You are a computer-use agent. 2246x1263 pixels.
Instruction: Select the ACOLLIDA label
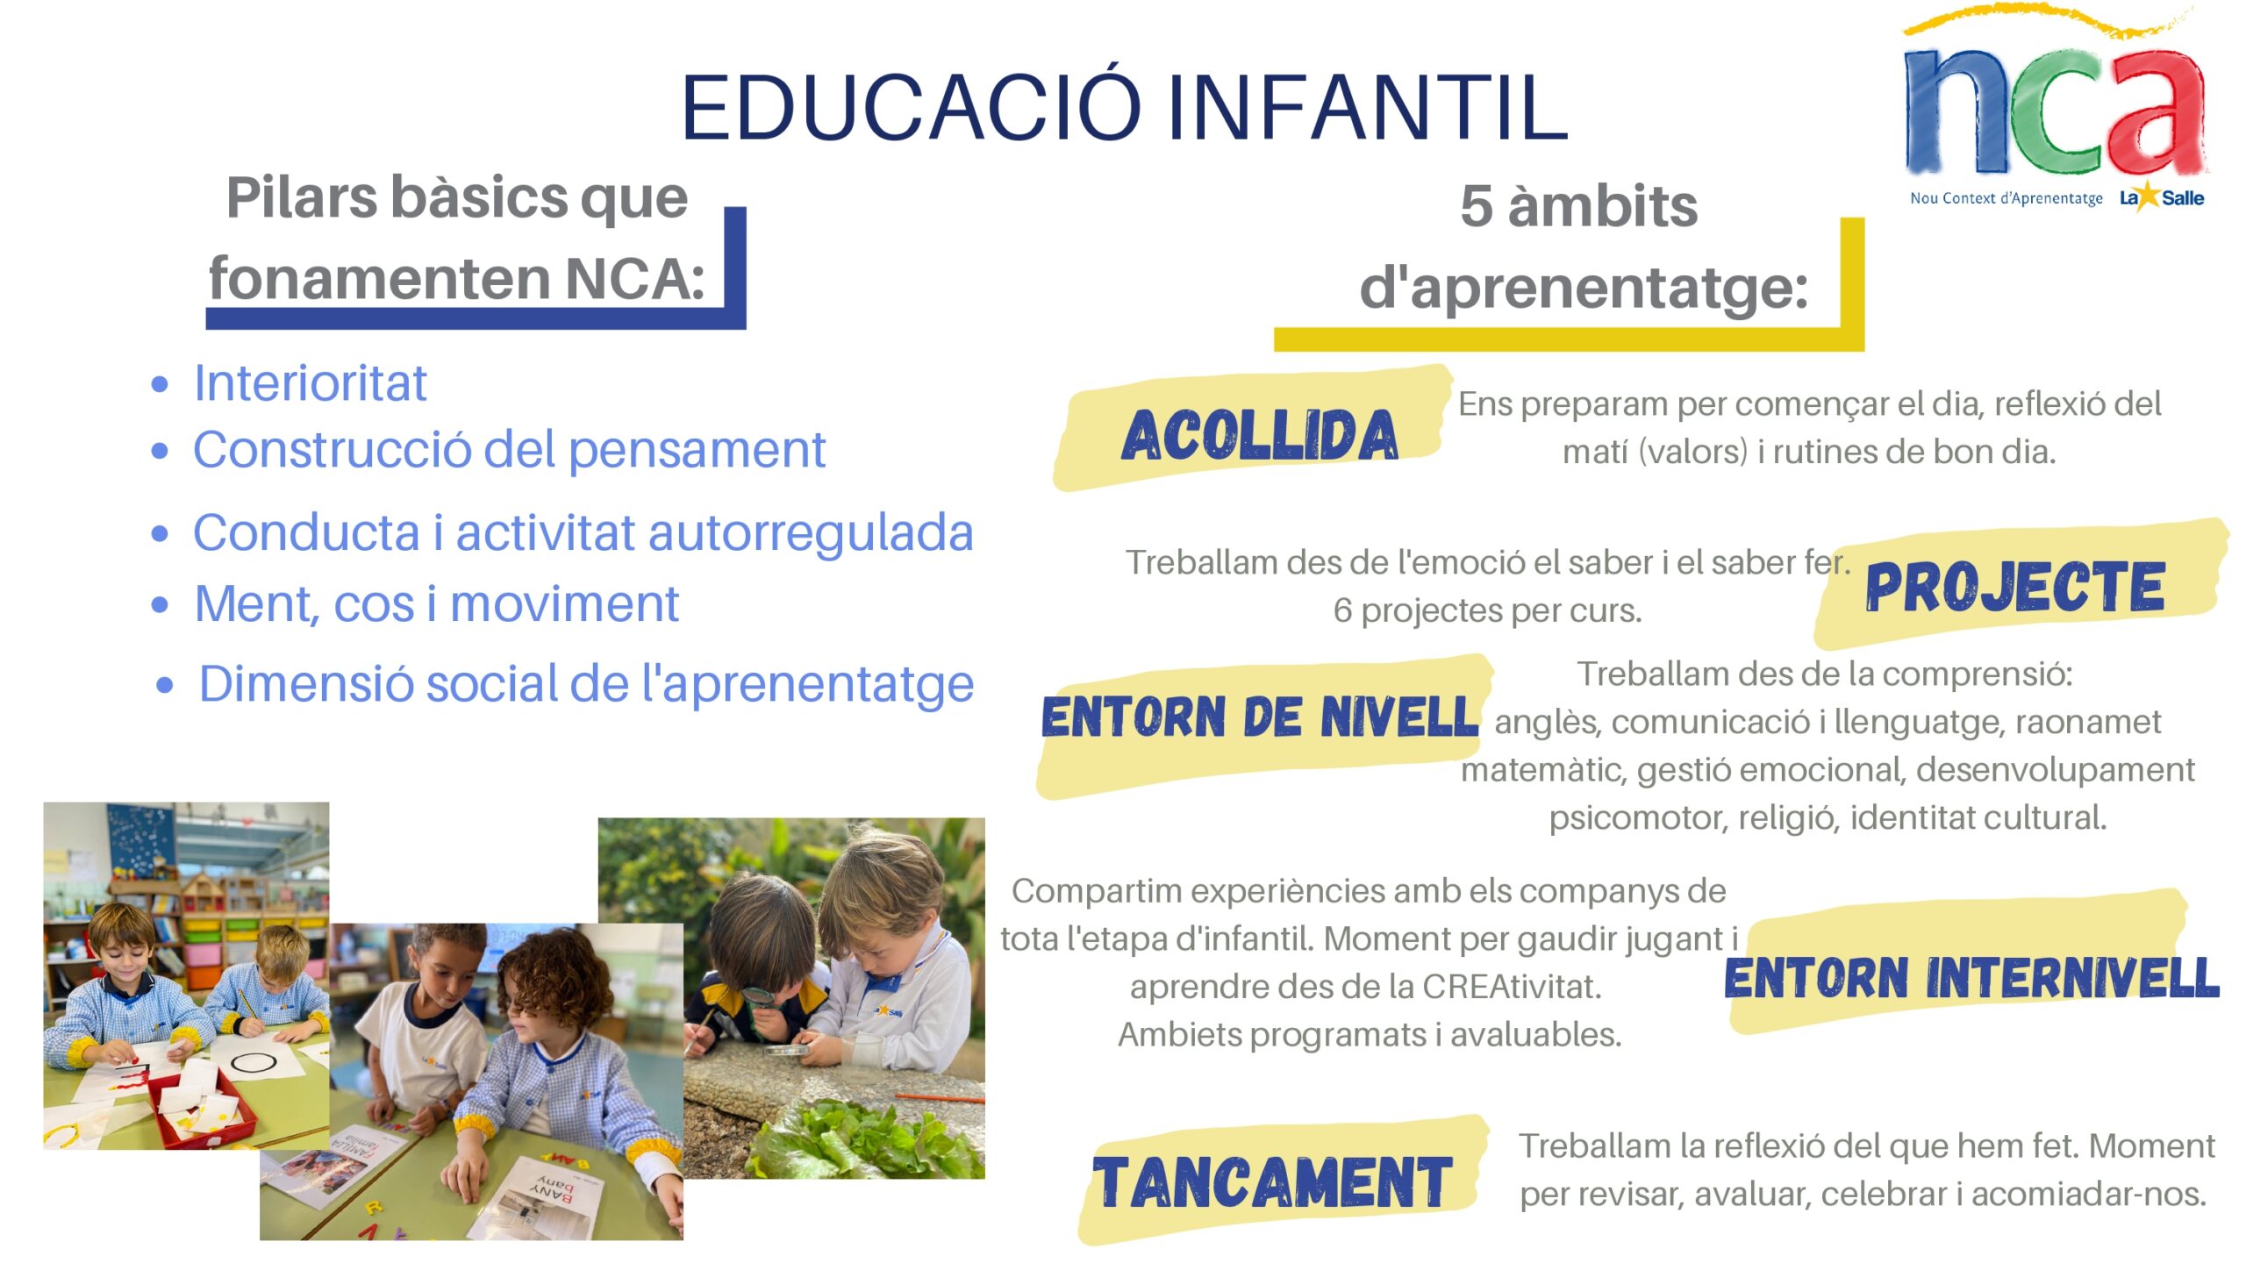pyautogui.click(x=1260, y=434)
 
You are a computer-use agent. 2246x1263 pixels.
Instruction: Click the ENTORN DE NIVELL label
pyautogui.click(x=1260, y=717)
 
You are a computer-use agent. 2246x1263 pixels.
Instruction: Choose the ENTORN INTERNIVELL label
pyautogui.click(x=1971, y=977)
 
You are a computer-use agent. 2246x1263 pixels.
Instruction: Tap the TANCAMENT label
pyautogui.click(x=1272, y=1181)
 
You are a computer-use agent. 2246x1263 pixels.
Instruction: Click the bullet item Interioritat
pyautogui.click(x=310, y=383)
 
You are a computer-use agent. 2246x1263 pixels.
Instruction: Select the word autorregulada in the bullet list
pyautogui.click(x=811, y=533)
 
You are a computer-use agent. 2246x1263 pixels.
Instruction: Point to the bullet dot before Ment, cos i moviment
pyautogui.click(x=160, y=604)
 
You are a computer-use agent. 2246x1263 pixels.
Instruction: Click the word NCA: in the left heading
pyautogui.click(x=634, y=279)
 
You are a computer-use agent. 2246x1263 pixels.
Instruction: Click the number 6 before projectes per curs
pyautogui.click(x=1342, y=610)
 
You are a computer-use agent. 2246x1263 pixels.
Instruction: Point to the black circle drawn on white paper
pyautogui.click(x=254, y=1063)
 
